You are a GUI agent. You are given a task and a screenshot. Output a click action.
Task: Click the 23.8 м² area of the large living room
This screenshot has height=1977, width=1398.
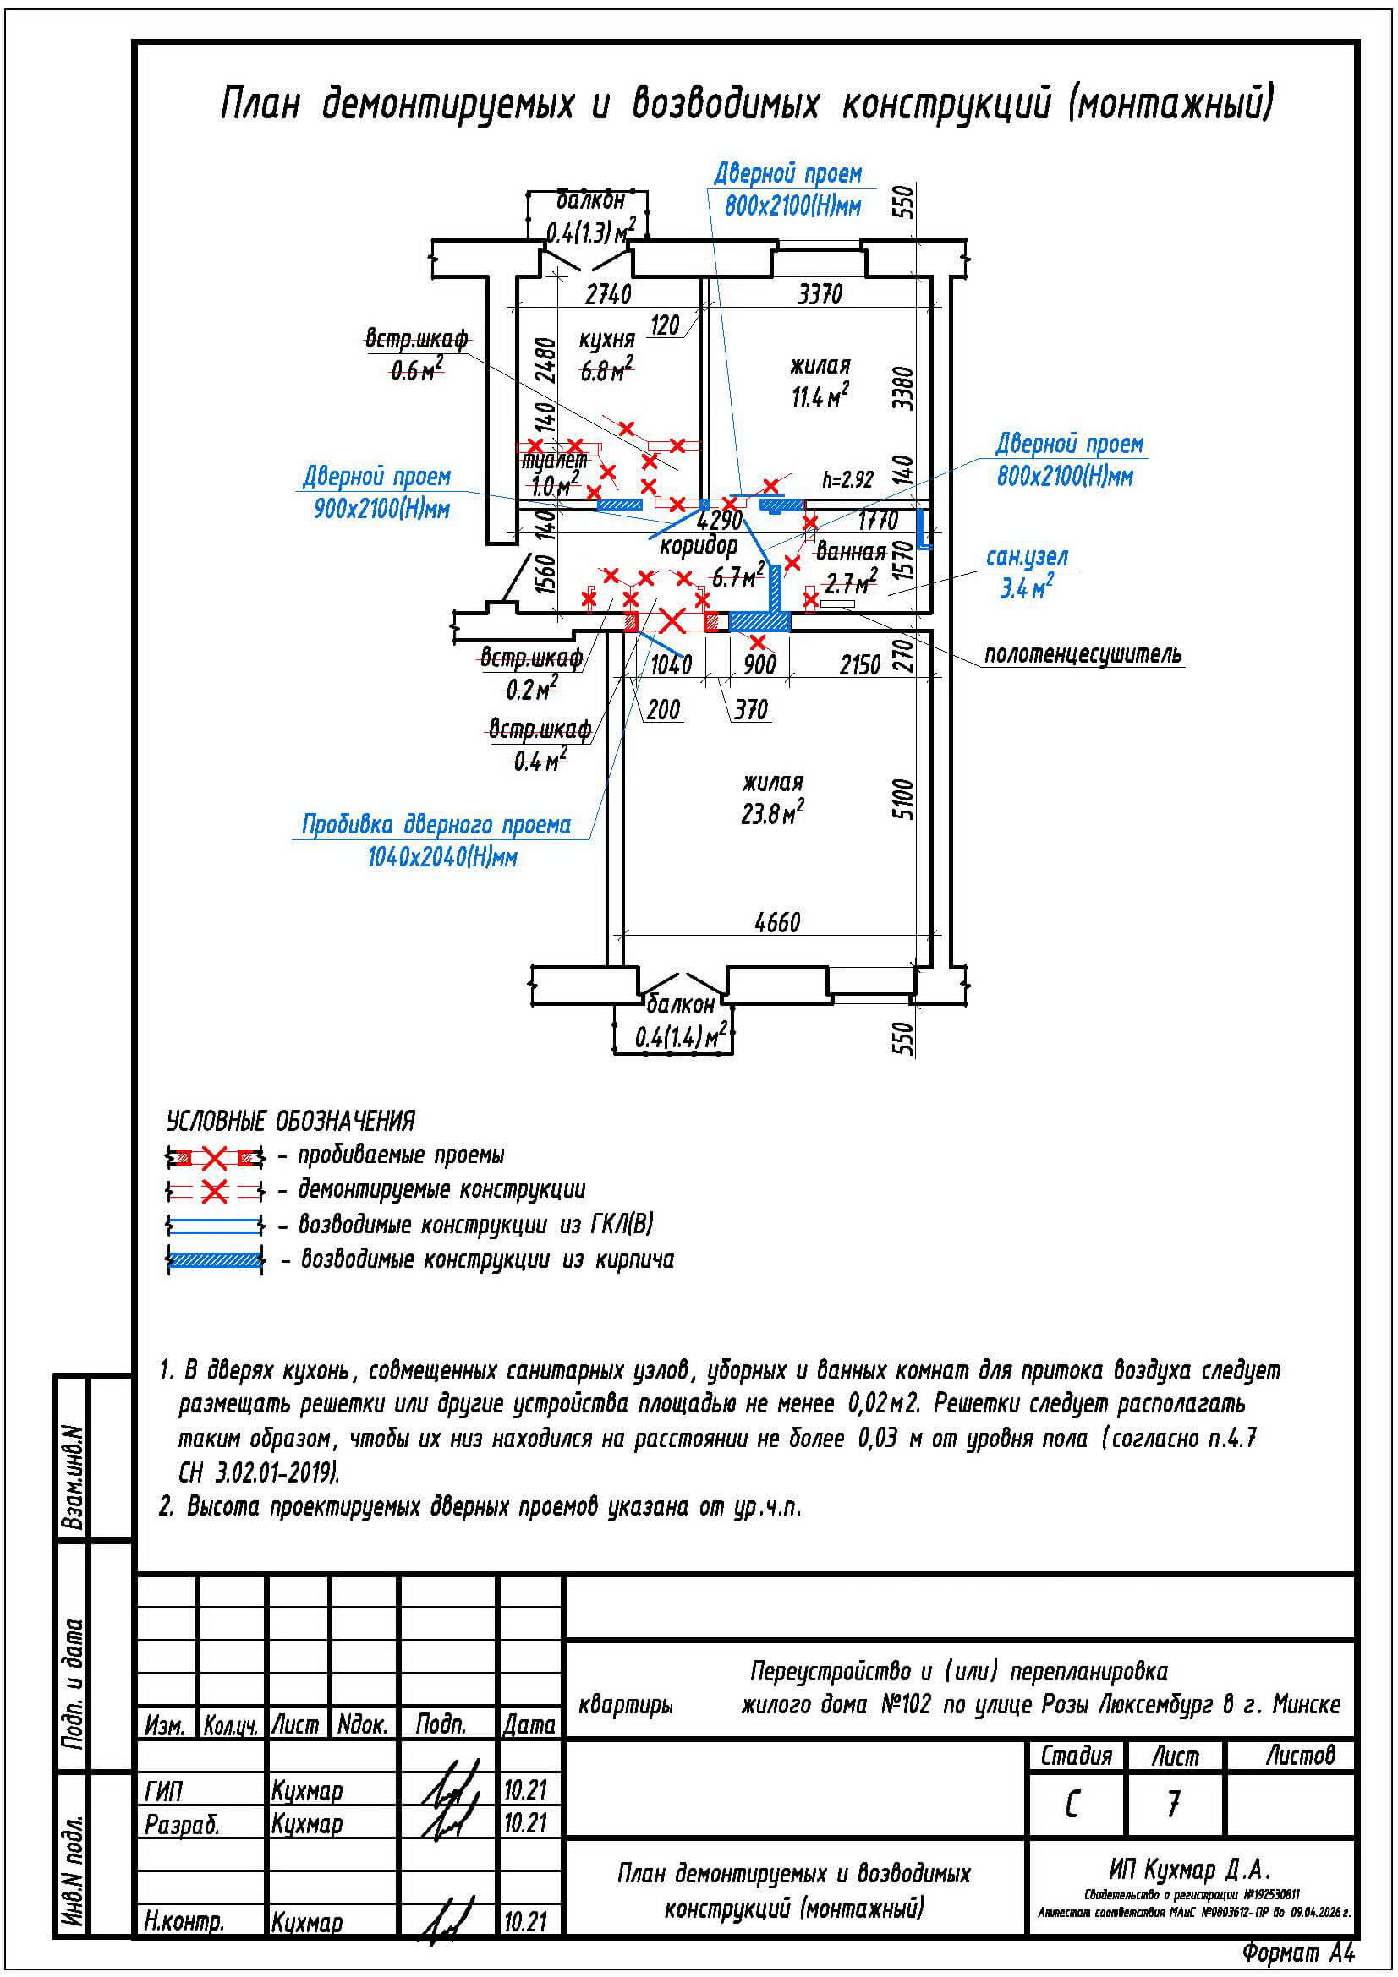click(772, 814)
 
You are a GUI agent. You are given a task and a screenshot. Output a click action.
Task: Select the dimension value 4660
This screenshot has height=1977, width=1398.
click(776, 923)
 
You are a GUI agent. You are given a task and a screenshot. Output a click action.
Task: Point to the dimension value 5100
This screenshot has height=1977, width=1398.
click(902, 799)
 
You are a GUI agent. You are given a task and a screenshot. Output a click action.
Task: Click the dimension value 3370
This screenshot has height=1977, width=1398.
click(819, 295)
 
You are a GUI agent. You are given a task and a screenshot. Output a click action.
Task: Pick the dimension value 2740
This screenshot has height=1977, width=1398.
click(608, 294)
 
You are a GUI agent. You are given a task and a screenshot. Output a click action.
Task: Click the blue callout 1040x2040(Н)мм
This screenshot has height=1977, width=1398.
click(441, 858)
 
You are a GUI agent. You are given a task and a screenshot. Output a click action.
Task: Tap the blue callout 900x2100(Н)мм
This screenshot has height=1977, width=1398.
click(381, 509)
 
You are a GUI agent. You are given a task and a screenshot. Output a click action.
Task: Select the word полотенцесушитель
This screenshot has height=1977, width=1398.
click(1083, 655)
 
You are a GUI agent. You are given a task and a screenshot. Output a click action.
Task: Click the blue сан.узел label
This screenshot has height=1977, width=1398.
click(1027, 557)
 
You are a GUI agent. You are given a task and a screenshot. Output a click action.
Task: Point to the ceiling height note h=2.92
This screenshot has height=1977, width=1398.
click(847, 479)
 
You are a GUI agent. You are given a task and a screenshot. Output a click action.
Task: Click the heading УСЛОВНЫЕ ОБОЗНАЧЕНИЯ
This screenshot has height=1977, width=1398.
click(290, 1121)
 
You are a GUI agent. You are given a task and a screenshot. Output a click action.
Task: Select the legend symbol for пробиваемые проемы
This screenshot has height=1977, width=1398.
click(215, 1156)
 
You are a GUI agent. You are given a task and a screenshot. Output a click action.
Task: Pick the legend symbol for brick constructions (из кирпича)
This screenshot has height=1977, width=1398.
click(215, 1260)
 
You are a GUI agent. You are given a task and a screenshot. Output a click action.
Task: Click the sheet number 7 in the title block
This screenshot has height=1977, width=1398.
click(1173, 1804)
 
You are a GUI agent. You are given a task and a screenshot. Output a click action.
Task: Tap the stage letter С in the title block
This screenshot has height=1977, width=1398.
click(1072, 1805)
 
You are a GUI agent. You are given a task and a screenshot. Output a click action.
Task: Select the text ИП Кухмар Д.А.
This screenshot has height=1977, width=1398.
click(1190, 1870)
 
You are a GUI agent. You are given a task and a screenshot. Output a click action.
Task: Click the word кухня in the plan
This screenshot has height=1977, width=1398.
click(606, 338)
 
